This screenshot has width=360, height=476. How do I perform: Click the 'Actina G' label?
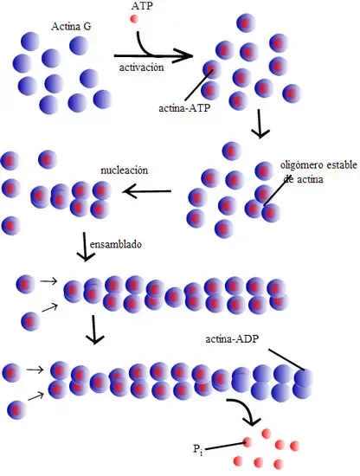[x=71, y=27]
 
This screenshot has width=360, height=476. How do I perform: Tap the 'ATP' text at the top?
[x=143, y=6]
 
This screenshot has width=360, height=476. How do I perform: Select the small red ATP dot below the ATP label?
[x=134, y=19]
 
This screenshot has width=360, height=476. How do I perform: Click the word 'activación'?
[x=141, y=68]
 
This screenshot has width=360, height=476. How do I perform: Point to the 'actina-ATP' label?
[x=184, y=108]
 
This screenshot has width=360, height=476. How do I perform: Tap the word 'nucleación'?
[x=124, y=170]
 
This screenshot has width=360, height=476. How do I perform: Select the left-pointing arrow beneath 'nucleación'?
[x=147, y=191]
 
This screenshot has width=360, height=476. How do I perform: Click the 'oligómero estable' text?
[x=318, y=165]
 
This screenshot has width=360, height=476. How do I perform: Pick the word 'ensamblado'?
[x=116, y=244]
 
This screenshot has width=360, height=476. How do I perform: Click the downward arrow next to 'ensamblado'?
[x=85, y=247]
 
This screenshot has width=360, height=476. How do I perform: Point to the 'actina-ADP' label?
[x=233, y=338]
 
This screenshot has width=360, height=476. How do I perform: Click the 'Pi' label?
[x=198, y=449]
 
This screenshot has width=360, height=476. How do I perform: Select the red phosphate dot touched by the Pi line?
[x=247, y=442]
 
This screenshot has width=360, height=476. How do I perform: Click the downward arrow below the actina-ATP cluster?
[x=260, y=124]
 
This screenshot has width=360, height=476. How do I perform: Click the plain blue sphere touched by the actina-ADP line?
[x=304, y=377]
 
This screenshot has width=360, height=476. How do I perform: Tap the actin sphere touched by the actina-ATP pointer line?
[x=211, y=69]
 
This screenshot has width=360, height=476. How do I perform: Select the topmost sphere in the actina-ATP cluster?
[x=246, y=23]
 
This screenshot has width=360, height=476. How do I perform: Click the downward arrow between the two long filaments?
[x=94, y=330]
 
